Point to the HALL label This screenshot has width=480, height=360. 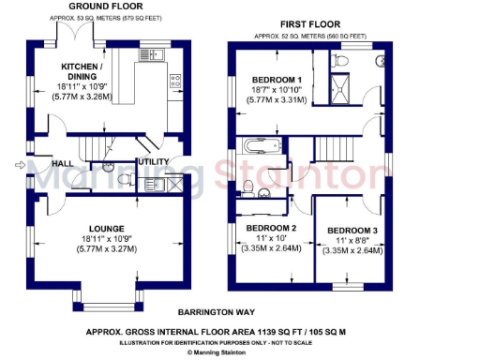(x=62, y=164)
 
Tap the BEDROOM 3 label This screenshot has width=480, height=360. (x=352, y=231)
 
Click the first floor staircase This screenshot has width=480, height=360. (x=329, y=148)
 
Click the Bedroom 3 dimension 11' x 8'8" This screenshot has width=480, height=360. (x=352, y=241)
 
